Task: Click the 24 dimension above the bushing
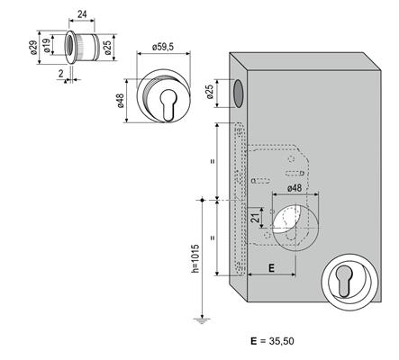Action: [82, 14]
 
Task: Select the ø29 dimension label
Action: [34, 48]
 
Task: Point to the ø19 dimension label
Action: [47, 46]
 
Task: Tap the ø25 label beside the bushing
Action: [107, 48]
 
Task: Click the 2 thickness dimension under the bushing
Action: [61, 74]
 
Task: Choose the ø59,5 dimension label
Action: [163, 47]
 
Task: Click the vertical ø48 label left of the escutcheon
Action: [120, 101]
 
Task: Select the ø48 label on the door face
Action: [295, 188]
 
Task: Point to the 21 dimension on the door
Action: [255, 218]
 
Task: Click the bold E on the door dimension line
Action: [271, 268]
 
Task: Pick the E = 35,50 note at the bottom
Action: [272, 341]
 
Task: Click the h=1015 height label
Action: [195, 258]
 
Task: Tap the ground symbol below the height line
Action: [202, 321]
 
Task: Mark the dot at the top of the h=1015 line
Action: [202, 200]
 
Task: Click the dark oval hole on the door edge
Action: [238, 94]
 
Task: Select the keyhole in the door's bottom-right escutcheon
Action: [343, 281]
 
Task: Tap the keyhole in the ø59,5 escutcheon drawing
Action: [168, 105]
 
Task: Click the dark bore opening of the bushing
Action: [69, 47]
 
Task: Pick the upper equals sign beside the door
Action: [213, 161]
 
